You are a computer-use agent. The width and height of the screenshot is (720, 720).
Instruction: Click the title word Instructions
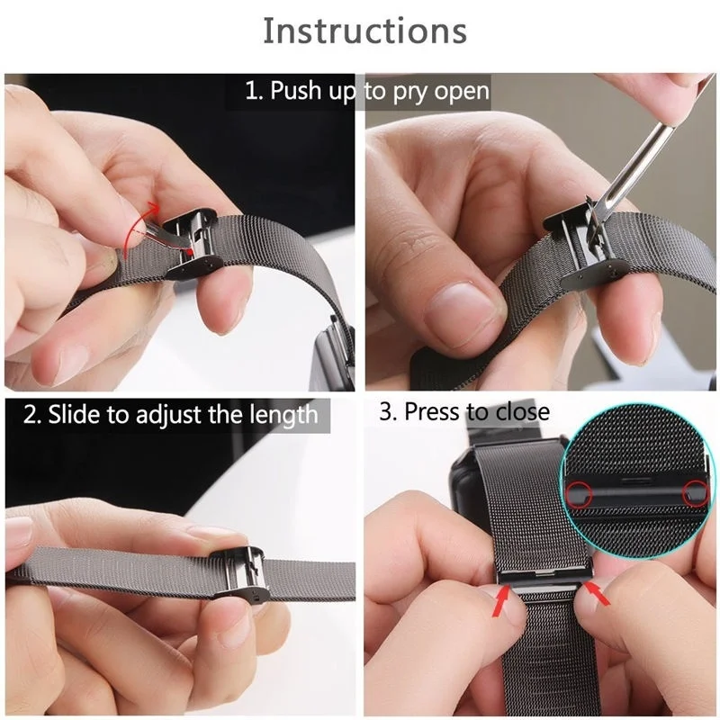(x=364, y=31)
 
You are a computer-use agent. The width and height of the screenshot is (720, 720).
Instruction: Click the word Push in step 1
(x=295, y=91)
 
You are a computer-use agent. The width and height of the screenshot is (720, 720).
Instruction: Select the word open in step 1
(x=463, y=91)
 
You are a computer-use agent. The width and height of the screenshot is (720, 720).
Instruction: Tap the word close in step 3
(x=520, y=412)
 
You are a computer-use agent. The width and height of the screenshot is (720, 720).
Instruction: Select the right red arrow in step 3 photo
(x=596, y=593)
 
